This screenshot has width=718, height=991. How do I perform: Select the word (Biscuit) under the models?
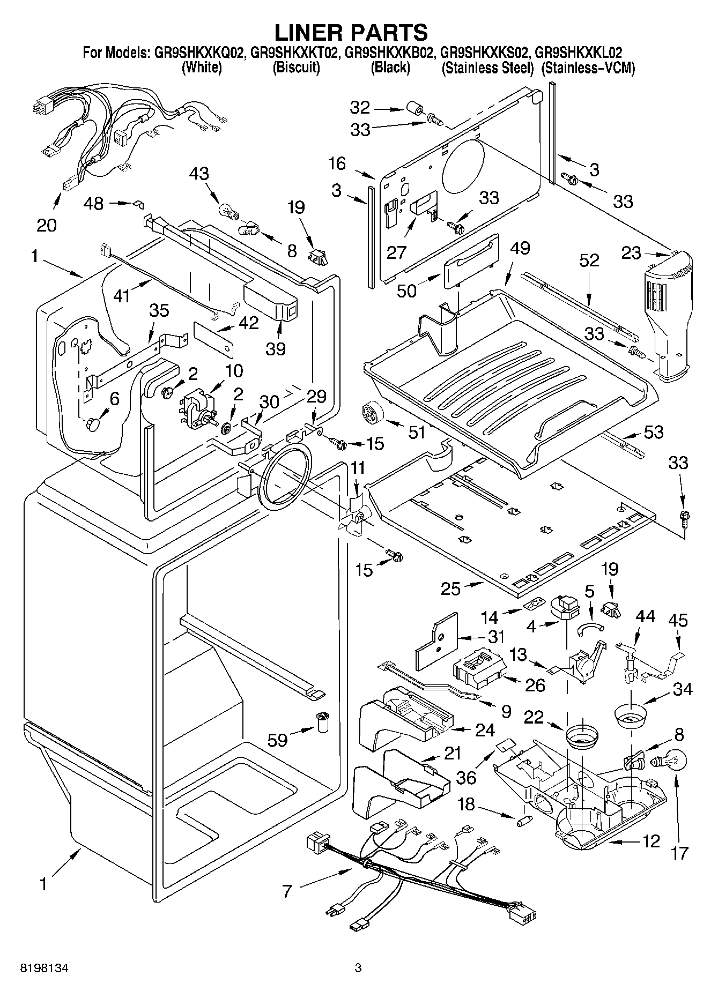296,68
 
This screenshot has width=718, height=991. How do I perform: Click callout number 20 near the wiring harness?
46,225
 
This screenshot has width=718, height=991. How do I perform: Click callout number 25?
450,588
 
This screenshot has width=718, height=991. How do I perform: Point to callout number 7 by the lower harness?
287,891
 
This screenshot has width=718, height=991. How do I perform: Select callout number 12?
650,841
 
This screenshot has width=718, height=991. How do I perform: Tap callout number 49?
520,248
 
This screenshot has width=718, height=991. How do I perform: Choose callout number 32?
360,108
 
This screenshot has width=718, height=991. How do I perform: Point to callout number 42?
248,323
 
